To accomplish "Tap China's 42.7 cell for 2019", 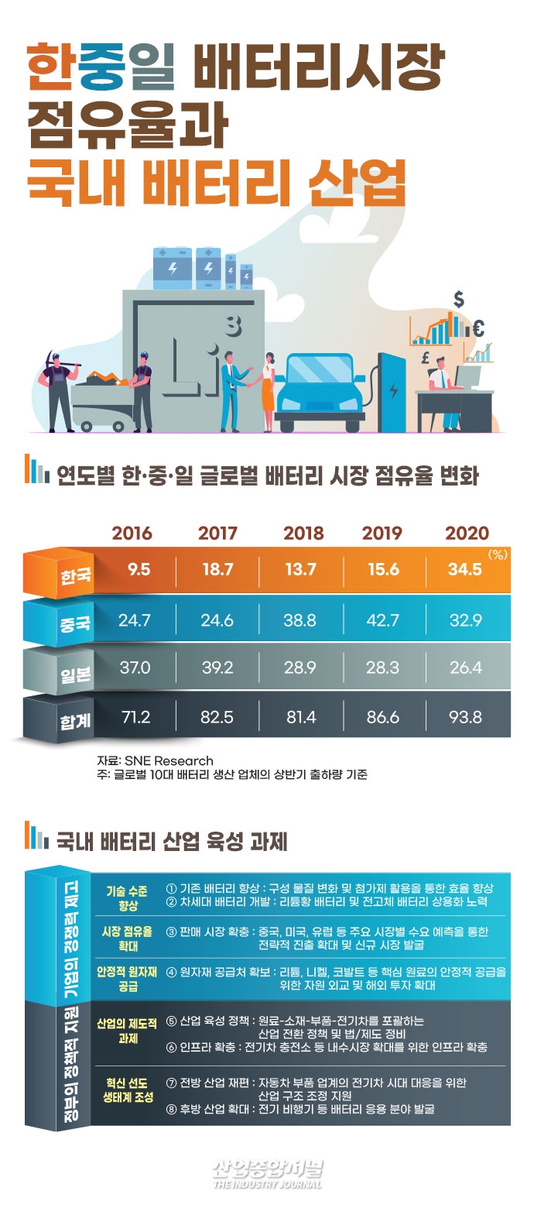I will pos(382,619).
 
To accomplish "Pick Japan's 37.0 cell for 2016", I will pos(135,667).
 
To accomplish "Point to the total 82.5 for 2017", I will pos(217,717).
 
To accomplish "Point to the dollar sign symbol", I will pos(459,298).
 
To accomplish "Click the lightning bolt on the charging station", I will pos(395,390).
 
